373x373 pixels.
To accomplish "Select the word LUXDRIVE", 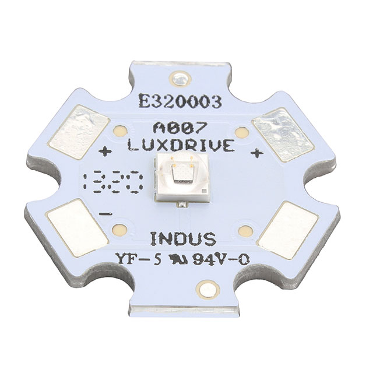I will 182,146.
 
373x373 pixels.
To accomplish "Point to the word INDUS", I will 184,239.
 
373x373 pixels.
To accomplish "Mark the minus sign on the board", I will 106,214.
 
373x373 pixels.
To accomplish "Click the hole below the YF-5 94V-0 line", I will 206,287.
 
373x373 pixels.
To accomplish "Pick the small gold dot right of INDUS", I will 246,231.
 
